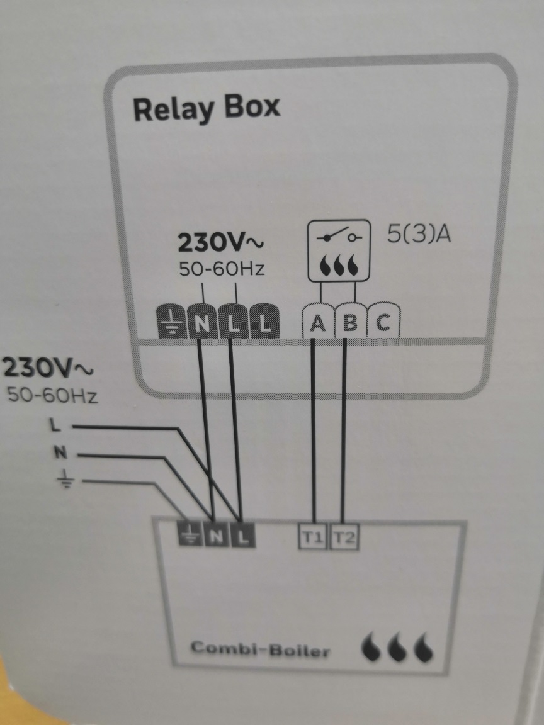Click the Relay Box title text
(206, 109)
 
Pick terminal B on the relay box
(349, 323)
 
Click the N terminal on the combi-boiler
(215, 536)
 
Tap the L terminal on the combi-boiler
(244, 536)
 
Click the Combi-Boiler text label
(260, 648)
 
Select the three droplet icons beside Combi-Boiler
(398, 648)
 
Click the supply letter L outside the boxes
(55, 426)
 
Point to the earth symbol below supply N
(66, 482)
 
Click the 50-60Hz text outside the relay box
(52, 395)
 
